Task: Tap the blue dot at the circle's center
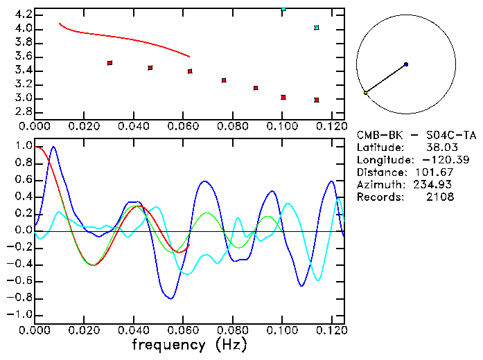pyautogui.click(x=406, y=64)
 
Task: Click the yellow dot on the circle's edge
pyautogui.click(x=366, y=92)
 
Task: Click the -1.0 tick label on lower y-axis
pyautogui.click(x=19, y=314)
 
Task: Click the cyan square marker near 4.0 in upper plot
pyautogui.click(x=317, y=28)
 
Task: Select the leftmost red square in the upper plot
pyautogui.click(x=109, y=63)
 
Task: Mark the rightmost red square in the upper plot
pyautogui.click(x=317, y=100)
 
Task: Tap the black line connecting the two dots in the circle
pyautogui.click(x=386, y=78)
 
